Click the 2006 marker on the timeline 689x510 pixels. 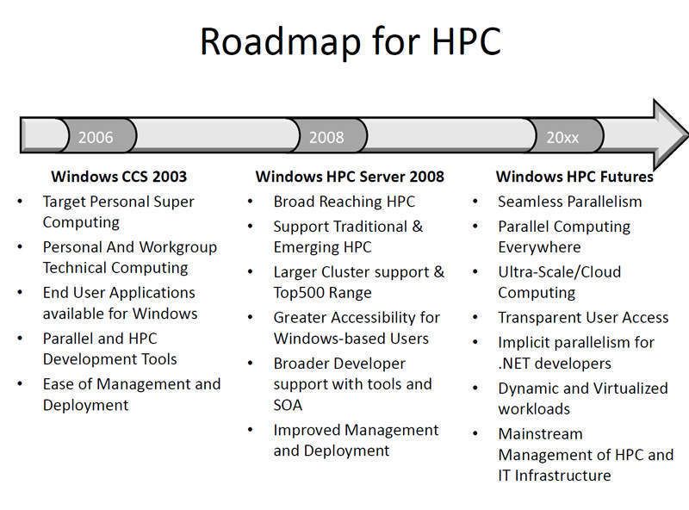coord(96,138)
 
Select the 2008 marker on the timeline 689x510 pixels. coord(326,138)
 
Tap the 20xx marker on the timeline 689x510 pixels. coord(563,138)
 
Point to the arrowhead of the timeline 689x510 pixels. coord(670,134)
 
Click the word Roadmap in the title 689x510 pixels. coord(281,41)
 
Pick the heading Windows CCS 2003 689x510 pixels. coord(119,177)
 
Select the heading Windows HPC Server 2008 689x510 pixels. coord(350,177)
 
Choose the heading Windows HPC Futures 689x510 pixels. coord(574,177)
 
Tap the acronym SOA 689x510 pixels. coord(288,405)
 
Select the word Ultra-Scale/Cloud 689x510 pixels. coord(559,271)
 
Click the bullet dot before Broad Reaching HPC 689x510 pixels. coord(251,202)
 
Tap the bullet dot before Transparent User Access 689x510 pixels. coord(475,317)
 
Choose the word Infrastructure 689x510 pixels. coord(563,476)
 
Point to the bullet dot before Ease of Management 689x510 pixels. coord(20,384)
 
